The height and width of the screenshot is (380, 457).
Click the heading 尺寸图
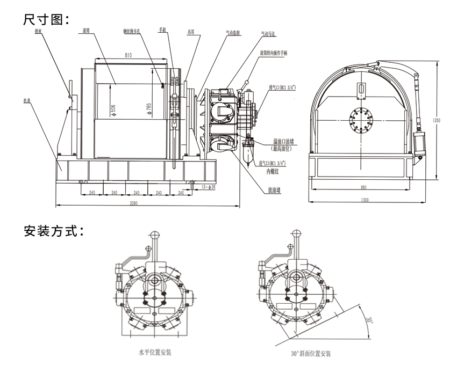pyautogui.click(x=46, y=19)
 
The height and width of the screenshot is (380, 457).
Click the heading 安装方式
pyautogui.click(x=53, y=231)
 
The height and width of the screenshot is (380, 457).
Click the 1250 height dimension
pyautogui.click(x=437, y=120)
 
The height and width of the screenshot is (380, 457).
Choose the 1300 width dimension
pyautogui.click(x=365, y=200)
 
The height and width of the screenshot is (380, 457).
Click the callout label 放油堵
pyautogui.click(x=275, y=190)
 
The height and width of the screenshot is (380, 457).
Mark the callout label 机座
pyautogui.click(x=26, y=100)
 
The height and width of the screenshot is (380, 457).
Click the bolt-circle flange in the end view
pyautogui.click(x=362, y=120)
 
